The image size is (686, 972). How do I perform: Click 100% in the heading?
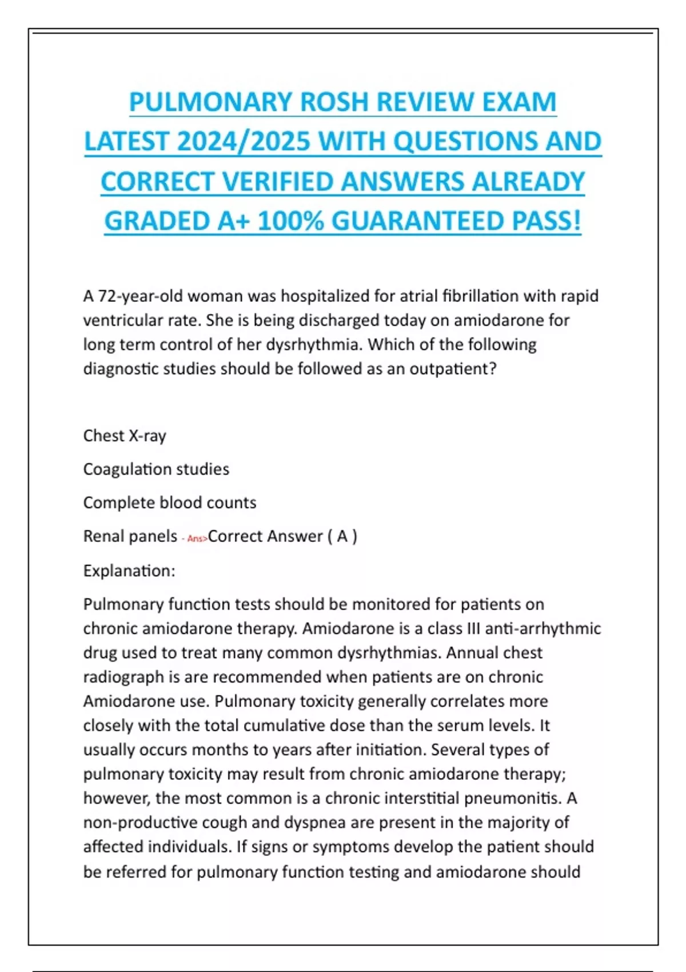pyautogui.click(x=291, y=221)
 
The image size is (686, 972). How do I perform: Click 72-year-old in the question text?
pyautogui.click(x=139, y=296)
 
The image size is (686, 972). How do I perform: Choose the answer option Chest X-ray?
pyautogui.click(x=125, y=436)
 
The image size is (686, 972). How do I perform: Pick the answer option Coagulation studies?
pyautogui.click(x=156, y=469)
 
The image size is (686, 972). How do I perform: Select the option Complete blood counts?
pyautogui.click(x=170, y=503)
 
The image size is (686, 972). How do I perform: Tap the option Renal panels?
pyautogui.click(x=130, y=536)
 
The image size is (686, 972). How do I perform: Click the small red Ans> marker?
pyautogui.click(x=197, y=539)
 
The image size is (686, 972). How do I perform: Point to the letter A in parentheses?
pyautogui.click(x=342, y=536)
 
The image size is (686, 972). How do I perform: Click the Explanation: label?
pyautogui.click(x=129, y=571)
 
